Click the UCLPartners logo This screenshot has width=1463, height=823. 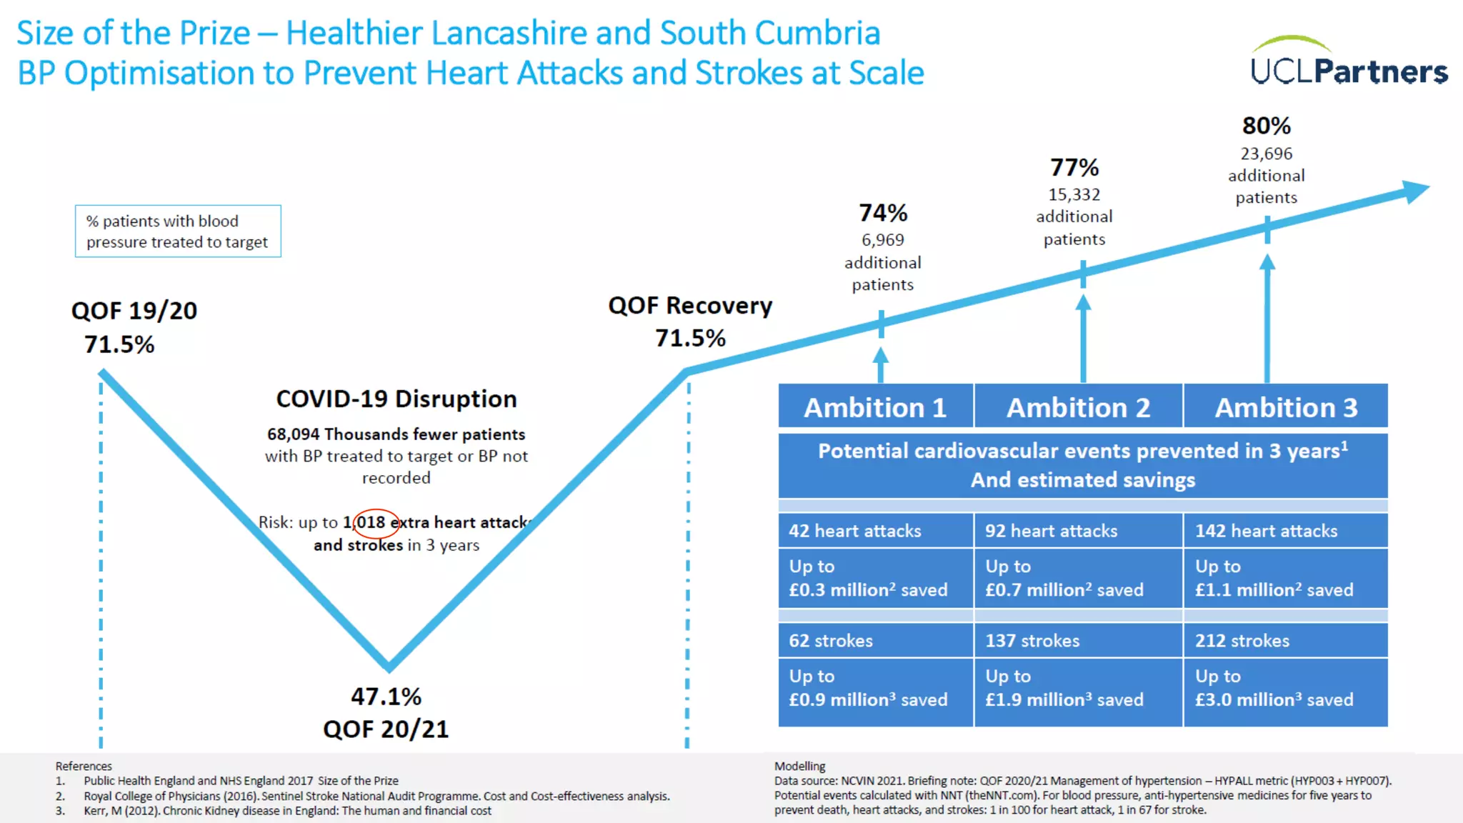1349,64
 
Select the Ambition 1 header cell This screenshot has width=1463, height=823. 875,407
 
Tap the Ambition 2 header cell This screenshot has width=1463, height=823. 1078,407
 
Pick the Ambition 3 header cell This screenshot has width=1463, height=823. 1286,407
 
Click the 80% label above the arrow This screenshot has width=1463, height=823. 1266,126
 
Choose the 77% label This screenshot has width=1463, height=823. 1074,168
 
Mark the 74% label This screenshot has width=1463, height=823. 883,213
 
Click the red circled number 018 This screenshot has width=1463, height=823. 374,522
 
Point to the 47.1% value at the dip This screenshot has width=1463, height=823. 386,697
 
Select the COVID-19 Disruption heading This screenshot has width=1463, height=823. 396,399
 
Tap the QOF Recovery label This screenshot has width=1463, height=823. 690,306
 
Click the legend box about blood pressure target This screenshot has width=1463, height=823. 178,231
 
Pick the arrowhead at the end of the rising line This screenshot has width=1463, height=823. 1414,191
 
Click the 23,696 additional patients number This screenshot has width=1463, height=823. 1266,154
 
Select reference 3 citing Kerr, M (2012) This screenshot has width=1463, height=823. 286,811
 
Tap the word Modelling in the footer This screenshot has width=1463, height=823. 799,766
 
